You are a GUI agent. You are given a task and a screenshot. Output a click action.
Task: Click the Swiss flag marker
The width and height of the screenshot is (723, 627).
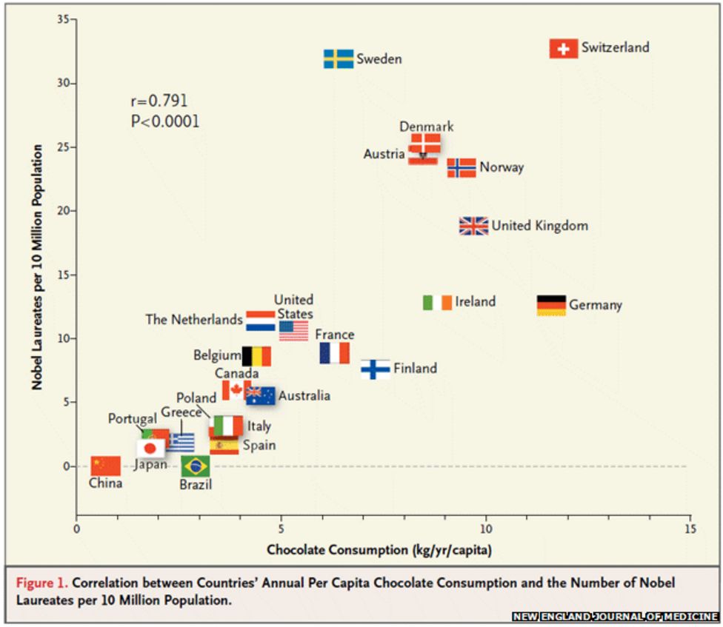click(x=564, y=49)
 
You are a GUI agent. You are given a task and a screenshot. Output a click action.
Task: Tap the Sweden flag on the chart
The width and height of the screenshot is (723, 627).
click(x=339, y=59)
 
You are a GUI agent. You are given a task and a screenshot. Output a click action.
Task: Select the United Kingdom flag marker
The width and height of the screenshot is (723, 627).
click(x=473, y=226)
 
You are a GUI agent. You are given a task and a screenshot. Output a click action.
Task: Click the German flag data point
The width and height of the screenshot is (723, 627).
click(x=551, y=305)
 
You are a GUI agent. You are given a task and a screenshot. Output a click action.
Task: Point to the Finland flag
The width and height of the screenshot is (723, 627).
click(x=376, y=369)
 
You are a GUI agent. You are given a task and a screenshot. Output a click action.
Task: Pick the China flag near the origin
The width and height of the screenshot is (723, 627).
click(x=105, y=466)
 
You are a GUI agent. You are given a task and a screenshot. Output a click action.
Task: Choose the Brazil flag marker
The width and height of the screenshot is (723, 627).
click(x=196, y=466)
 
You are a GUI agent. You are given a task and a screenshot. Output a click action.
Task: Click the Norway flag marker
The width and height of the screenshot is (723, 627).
click(x=462, y=168)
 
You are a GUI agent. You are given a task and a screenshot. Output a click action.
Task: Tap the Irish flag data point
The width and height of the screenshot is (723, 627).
click(x=437, y=302)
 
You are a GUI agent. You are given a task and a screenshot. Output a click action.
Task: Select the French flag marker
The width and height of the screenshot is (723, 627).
click(x=335, y=353)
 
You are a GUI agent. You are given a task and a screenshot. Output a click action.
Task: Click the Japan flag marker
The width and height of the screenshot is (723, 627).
click(x=150, y=448)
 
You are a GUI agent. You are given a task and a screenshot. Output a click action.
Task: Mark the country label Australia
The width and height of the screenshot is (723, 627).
click(x=304, y=396)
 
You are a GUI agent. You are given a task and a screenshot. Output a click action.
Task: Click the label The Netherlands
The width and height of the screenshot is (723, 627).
click(x=194, y=320)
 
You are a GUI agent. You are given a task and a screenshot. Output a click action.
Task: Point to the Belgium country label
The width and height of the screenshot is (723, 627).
click(x=217, y=355)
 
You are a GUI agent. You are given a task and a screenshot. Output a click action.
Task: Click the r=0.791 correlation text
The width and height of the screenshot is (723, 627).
click(x=159, y=101)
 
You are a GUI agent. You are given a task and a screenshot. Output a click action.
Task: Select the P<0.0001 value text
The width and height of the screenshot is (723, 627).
click(x=165, y=121)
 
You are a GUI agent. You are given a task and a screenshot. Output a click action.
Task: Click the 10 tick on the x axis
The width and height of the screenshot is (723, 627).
click(x=486, y=529)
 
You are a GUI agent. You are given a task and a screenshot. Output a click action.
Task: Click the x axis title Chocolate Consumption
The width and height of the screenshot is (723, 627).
click(x=379, y=550)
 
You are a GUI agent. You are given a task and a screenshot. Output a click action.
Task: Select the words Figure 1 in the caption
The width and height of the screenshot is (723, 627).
click(x=42, y=583)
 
